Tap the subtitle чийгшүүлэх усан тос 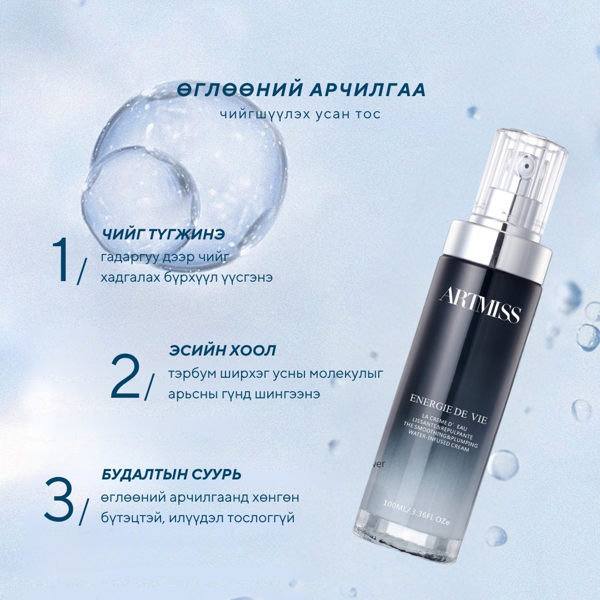click(x=301, y=114)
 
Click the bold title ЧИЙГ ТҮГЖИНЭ click(x=163, y=234)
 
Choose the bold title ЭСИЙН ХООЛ click(x=222, y=350)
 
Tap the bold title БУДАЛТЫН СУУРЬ click(x=172, y=474)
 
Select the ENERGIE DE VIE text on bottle click(x=448, y=409)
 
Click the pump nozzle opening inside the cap click(x=527, y=166)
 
